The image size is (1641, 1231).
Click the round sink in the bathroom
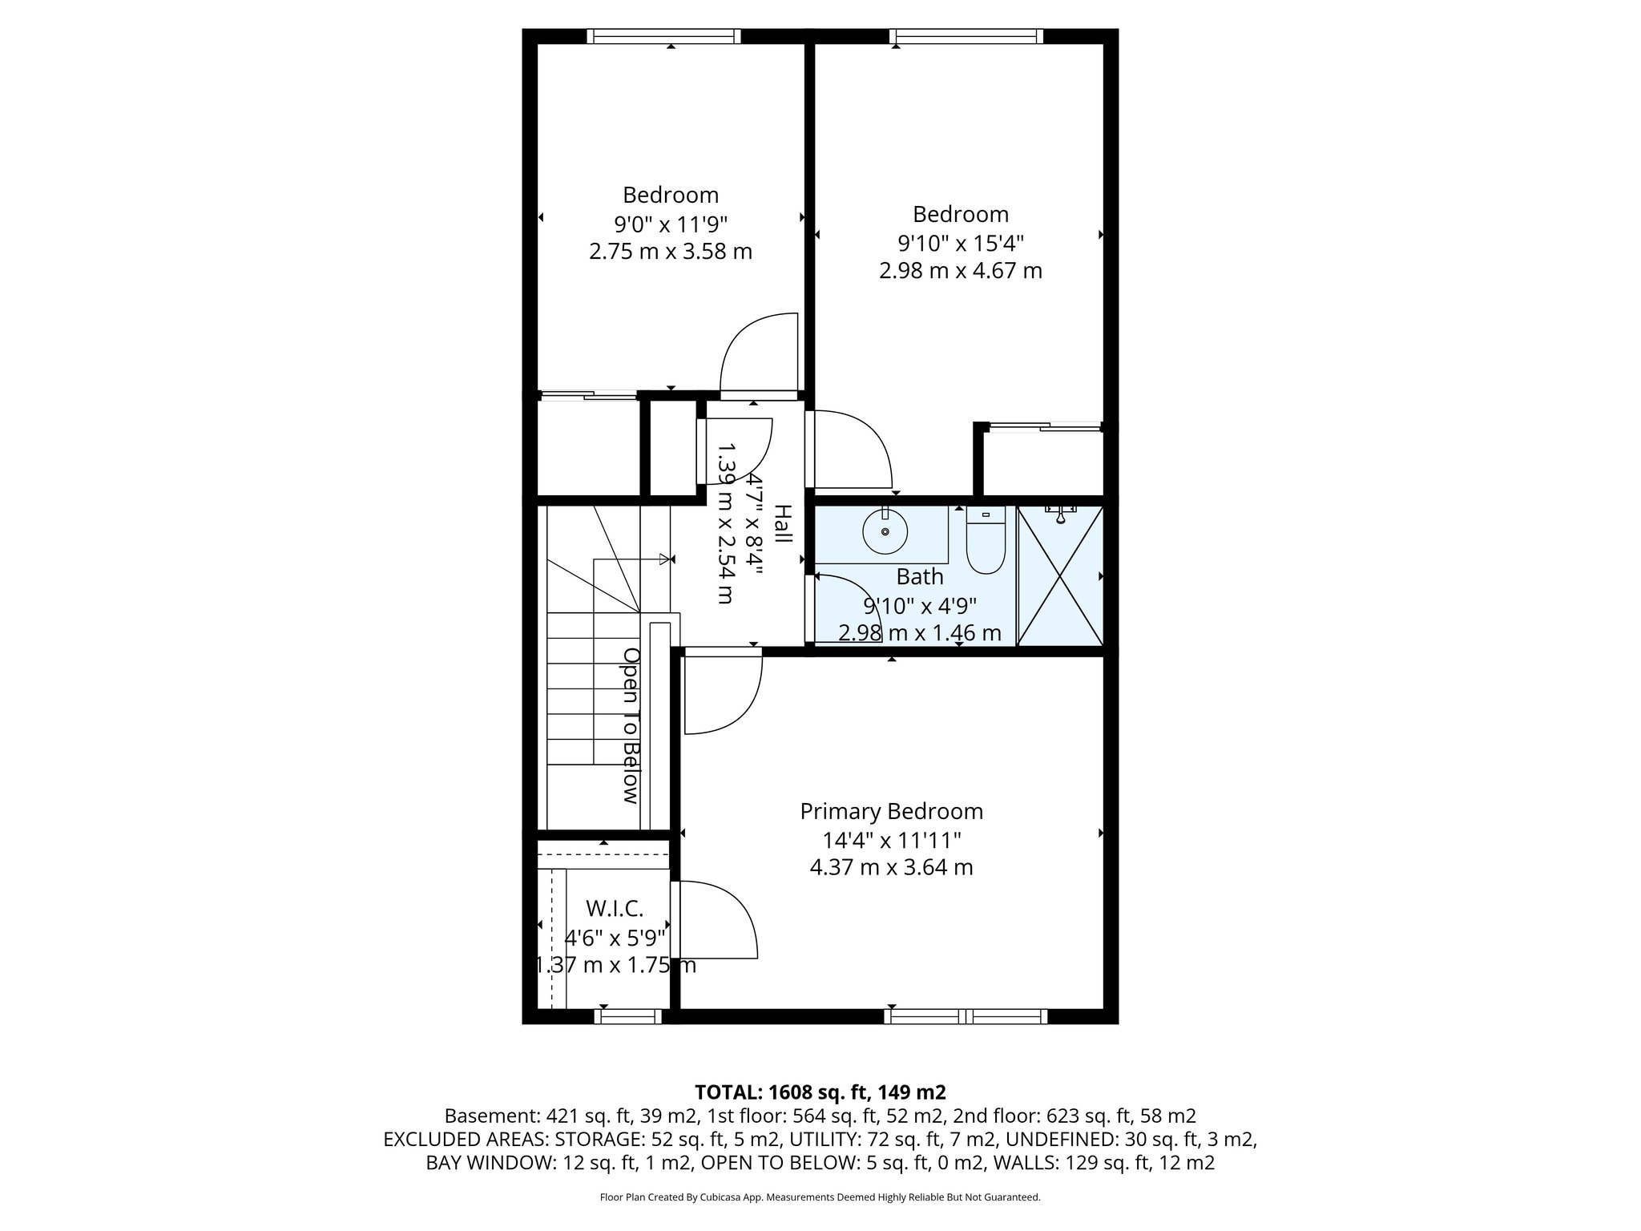[885, 531]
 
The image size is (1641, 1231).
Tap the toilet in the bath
[986, 542]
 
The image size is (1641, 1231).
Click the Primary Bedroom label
[891, 812]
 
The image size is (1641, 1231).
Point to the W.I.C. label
[615, 909]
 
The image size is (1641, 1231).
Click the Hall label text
[782, 524]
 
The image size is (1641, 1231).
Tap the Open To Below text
[632, 725]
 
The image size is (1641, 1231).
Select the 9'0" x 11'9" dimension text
[670, 224]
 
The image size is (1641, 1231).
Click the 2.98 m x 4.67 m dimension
[960, 271]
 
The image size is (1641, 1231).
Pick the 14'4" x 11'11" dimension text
[891, 840]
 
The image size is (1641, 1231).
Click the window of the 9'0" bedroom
[663, 36]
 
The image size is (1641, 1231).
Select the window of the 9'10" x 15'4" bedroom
[966, 36]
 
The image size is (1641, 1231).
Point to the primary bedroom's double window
[966, 1016]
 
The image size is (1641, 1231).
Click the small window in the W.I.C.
[628, 1016]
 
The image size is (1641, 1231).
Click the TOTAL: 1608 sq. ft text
[820, 1092]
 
